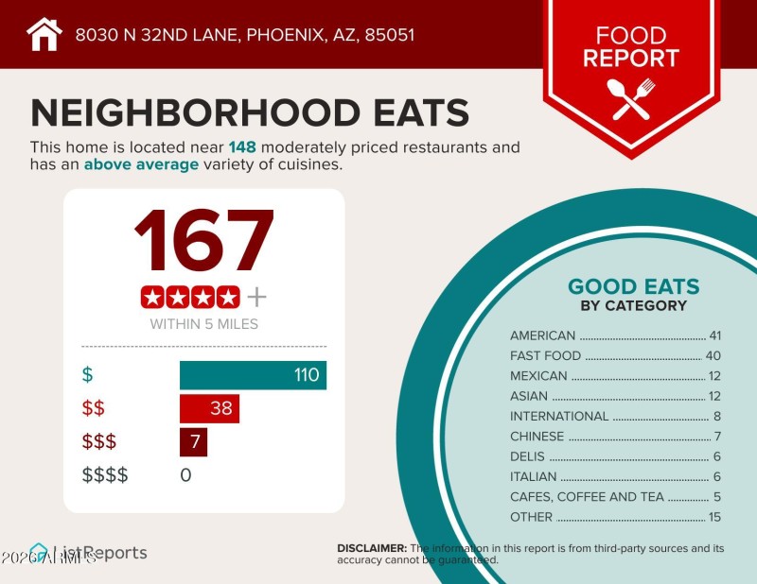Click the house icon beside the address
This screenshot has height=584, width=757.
[x=44, y=35]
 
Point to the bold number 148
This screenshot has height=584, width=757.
[x=243, y=147]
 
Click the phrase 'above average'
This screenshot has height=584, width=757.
[x=141, y=164]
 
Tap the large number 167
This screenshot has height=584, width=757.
[x=203, y=241]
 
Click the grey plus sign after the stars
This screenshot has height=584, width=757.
[x=256, y=298]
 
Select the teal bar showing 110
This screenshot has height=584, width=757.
[x=253, y=375]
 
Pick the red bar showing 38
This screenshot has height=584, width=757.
[x=209, y=409]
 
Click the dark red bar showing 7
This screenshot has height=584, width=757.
[x=193, y=442]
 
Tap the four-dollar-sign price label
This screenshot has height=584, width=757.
[x=105, y=474]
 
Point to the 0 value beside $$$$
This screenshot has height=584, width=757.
[x=185, y=474]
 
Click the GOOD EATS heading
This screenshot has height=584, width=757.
[x=633, y=286]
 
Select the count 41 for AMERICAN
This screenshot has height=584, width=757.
[x=714, y=335]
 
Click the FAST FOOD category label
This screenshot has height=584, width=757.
[x=545, y=356]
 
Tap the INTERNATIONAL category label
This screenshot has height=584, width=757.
[x=559, y=416]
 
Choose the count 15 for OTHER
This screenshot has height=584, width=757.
[x=714, y=517]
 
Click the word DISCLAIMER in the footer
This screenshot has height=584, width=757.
[x=372, y=548]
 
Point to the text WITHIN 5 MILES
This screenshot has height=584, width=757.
[x=203, y=324]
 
